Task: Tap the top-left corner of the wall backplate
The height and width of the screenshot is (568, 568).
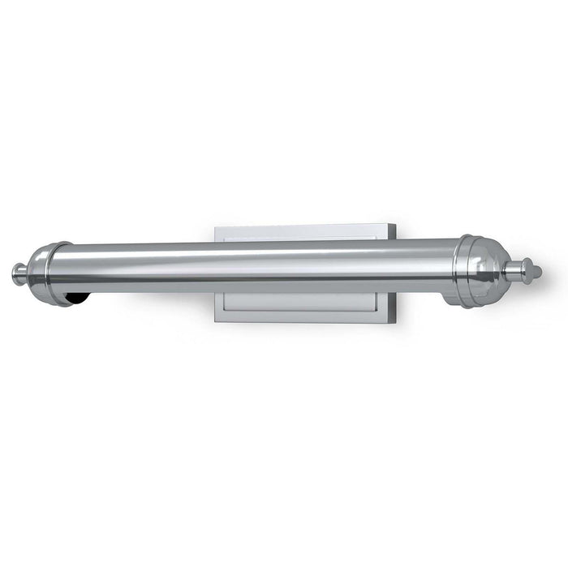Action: pos(215,227)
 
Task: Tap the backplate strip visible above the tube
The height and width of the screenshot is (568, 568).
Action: pos(300,233)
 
